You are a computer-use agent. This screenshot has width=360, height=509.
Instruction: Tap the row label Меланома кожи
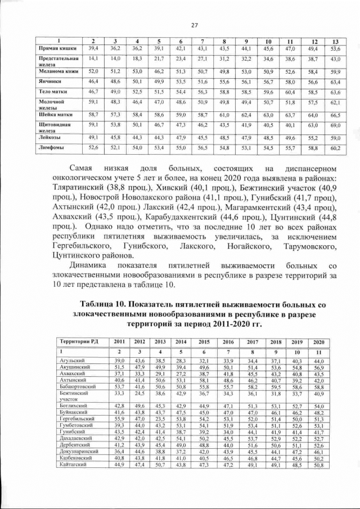coord(56,71)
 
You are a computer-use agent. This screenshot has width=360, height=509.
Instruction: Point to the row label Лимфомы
coord(50,148)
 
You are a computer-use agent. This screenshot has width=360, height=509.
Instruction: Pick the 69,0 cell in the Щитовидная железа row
coord(335,125)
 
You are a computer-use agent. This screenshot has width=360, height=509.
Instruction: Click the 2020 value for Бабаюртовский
coord(318,387)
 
